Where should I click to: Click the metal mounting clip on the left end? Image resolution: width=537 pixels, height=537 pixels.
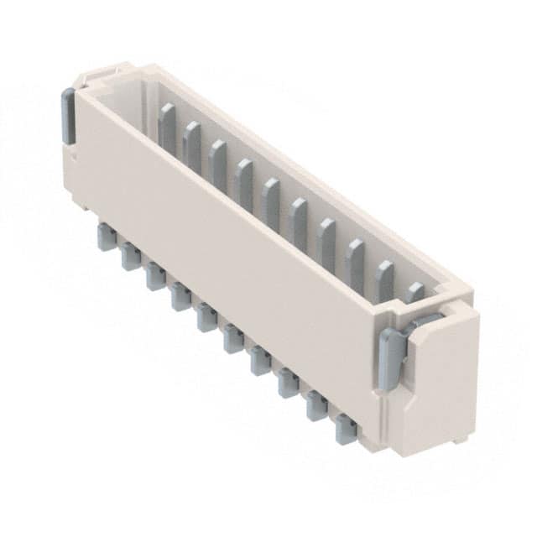(x=68, y=115)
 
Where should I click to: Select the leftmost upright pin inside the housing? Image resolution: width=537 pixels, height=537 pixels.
(x=167, y=124)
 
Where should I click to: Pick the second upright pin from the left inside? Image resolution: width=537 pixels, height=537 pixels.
(x=192, y=143)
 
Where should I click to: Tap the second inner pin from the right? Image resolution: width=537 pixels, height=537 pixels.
(x=384, y=280)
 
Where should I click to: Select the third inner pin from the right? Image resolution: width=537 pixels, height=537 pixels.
(x=355, y=262)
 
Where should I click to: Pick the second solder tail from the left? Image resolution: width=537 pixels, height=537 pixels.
(x=130, y=255)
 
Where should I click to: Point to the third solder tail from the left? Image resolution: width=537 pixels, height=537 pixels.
(x=155, y=275)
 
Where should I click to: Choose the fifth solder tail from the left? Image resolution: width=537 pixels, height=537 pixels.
(x=206, y=316)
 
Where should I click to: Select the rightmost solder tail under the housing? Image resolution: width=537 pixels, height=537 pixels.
(x=346, y=430)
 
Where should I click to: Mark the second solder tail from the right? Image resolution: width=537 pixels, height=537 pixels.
(x=316, y=406)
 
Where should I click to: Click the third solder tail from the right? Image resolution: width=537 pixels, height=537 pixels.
(x=288, y=383)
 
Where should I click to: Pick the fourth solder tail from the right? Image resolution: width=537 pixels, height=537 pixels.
(x=260, y=360)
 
